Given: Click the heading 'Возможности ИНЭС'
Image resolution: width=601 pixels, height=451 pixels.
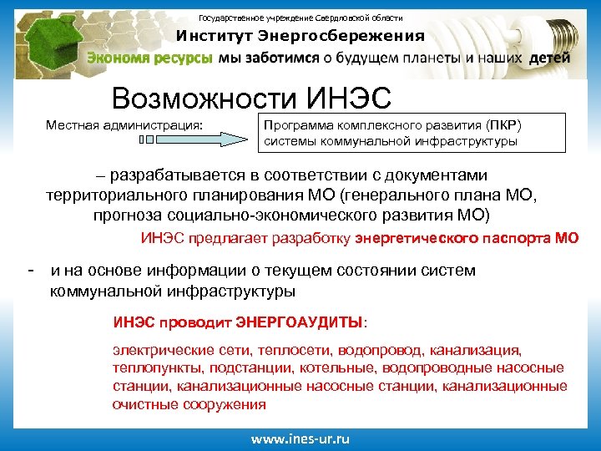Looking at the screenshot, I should tap(251, 99).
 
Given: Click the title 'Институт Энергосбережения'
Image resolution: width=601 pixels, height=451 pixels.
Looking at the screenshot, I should tap(300, 36).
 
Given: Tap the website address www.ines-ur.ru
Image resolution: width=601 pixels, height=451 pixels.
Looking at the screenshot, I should tap(300, 438).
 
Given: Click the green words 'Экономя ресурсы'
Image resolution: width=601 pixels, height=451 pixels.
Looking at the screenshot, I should tap(151, 58).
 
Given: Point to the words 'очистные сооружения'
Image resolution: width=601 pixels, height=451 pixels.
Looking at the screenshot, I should tap(189, 405).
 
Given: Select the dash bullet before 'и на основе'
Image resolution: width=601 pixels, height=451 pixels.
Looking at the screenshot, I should tap(31, 270).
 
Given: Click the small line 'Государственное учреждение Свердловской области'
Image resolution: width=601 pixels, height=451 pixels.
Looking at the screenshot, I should tap(300, 18).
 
